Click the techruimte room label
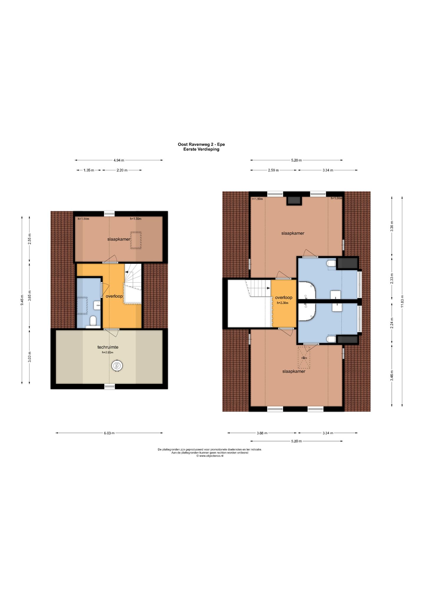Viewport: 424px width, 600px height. tap(108, 347)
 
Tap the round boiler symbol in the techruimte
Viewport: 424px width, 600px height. tap(117, 366)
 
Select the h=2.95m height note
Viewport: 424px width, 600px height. tap(108, 352)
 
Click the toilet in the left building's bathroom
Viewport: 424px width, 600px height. tap(93, 321)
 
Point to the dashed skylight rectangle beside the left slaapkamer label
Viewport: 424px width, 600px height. tap(136, 240)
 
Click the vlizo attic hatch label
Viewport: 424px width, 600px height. tap(304, 358)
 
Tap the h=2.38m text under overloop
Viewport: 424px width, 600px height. tap(283, 303)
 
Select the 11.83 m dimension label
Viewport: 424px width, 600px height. tap(402, 301)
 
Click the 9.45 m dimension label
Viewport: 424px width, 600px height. tap(22, 300)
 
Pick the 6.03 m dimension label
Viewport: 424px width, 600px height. tap(109, 433)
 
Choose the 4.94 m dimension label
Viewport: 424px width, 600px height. tap(119, 160)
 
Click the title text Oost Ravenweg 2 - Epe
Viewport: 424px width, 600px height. tap(201, 144)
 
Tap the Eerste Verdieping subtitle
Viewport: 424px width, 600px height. tap(201, 149)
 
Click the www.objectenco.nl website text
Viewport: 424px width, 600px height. tap(211, 456)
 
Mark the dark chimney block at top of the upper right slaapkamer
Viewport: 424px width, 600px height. tap(294, 200)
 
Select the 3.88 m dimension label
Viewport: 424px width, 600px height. tap(262, 433)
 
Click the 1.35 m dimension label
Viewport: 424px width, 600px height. tap(89, 170)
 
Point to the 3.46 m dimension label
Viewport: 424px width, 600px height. tap(392, 376)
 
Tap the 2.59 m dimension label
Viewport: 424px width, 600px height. tap(273, 170)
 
